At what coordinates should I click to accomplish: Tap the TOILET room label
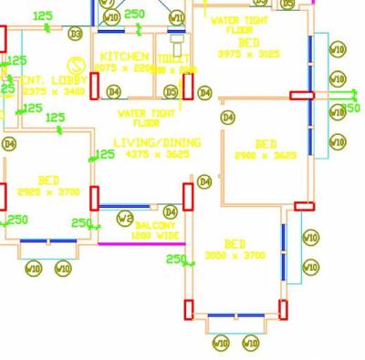click(173, 58)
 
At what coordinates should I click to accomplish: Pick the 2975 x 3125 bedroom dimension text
click(248, 54)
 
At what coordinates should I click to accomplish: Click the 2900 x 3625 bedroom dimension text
click(266, 156)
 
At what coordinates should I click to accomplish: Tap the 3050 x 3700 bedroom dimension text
click(235, 256)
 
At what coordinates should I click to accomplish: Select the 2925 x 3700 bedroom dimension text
click(49, 192)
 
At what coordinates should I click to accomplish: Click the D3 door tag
click(75, 34)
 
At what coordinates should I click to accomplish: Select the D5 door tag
click(171, 91)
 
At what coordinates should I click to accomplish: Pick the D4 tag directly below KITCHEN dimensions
click(114, 91)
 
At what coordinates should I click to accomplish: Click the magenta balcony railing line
click(141, 243)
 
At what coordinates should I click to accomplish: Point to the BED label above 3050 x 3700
click(235, 243)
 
